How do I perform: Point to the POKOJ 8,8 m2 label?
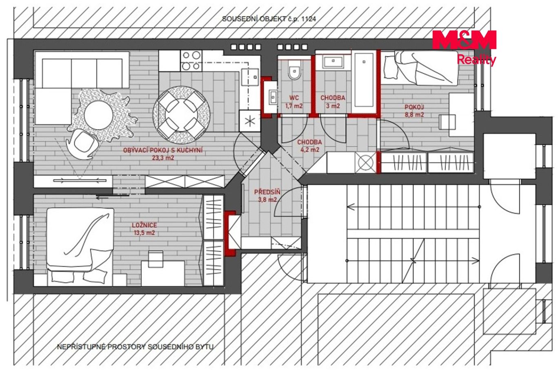tap(414, 111)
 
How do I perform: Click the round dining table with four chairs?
tap(182, 115)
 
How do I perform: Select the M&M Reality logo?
tap(464, 47)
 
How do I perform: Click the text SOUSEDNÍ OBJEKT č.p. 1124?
tap(269, 19)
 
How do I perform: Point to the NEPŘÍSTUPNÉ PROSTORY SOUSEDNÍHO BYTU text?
tap(135, 347)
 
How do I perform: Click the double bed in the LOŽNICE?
tap(80, 246)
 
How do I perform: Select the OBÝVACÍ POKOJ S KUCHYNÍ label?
tap(163, 150)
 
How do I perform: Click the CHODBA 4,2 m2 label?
tap(309, 146)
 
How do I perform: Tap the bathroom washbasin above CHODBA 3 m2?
tap(333, 62)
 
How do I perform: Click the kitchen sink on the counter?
tap(250, 77)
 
